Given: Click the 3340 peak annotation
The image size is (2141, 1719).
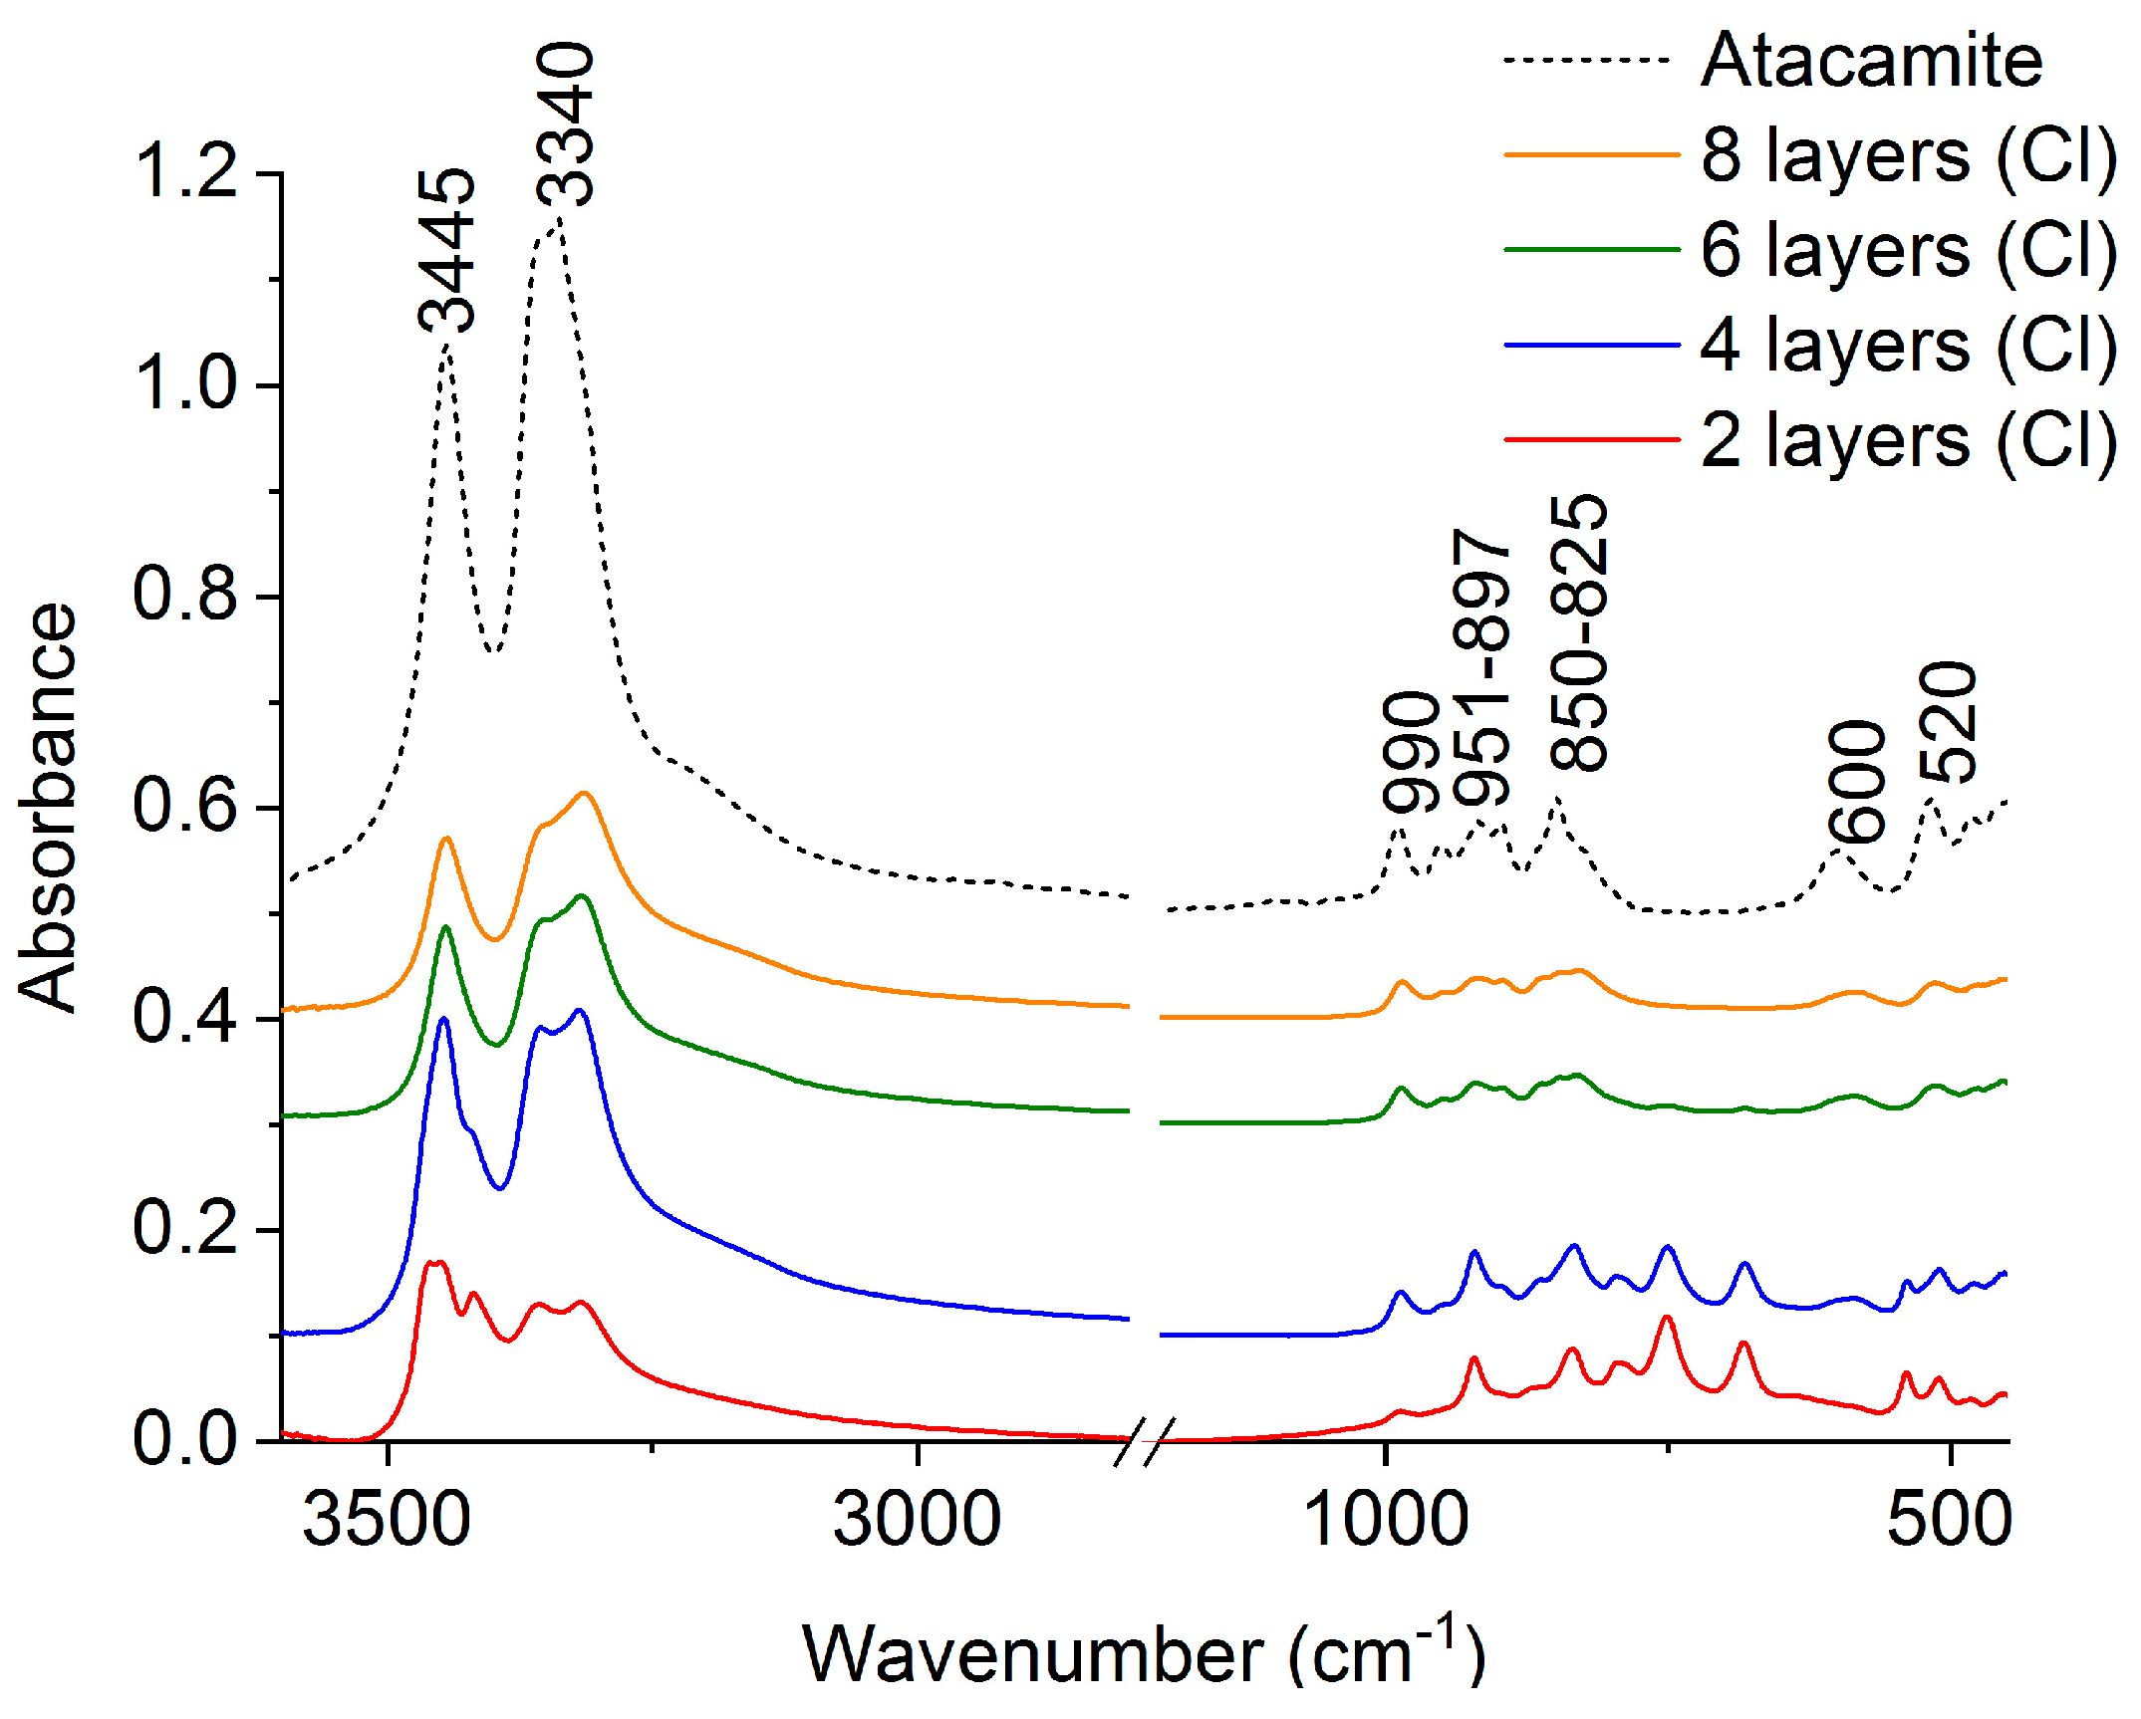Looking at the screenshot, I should click(565, 124).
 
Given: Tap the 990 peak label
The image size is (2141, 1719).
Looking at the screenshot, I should click(1411, 752).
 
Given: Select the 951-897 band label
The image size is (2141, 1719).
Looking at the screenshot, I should click(1481, 668).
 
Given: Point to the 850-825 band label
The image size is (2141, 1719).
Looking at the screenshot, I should click(1579, 634).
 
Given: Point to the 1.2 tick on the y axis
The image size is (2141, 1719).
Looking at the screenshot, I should click(185, 172).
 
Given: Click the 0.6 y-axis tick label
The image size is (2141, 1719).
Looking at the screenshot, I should click(185, 807).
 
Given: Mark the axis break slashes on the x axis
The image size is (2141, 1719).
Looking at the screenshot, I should click(1144, 1441).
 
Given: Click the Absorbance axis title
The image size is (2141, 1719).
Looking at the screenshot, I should click(47, 807).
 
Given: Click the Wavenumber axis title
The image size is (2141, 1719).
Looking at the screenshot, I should click(1144, 1654).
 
